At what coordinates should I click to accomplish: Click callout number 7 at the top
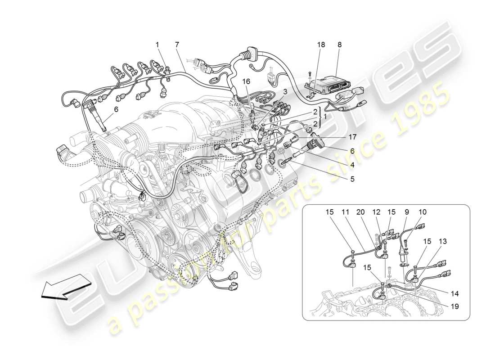point(177,45)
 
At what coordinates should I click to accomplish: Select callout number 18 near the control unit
point(320,45)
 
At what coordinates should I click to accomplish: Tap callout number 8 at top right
point(339,45)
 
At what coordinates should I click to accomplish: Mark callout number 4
point(352,165)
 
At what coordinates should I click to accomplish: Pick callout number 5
point(352,179)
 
